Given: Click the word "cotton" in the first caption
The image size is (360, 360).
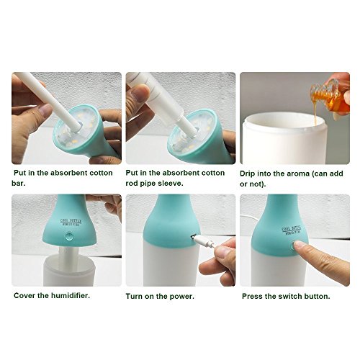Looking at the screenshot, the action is click(101, 173).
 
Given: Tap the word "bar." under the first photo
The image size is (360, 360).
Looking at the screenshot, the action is click(19, 184).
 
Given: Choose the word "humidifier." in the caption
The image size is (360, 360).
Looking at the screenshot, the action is click(70, 295).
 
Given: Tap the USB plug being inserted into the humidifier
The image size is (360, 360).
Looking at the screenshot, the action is click(204, 240).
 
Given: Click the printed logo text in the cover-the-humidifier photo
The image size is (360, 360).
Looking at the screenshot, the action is click(71, 222).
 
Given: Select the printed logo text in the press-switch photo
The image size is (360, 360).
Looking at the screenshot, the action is click(292, 230).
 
